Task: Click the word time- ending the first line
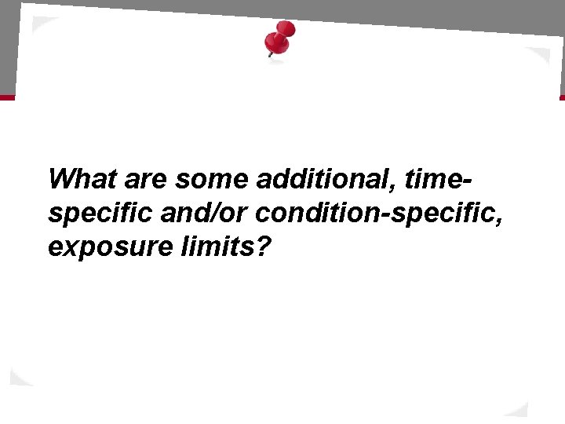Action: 436,179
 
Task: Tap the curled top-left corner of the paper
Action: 39,24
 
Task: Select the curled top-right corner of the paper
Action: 541,59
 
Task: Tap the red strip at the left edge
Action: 6,97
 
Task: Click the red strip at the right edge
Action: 561,97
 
